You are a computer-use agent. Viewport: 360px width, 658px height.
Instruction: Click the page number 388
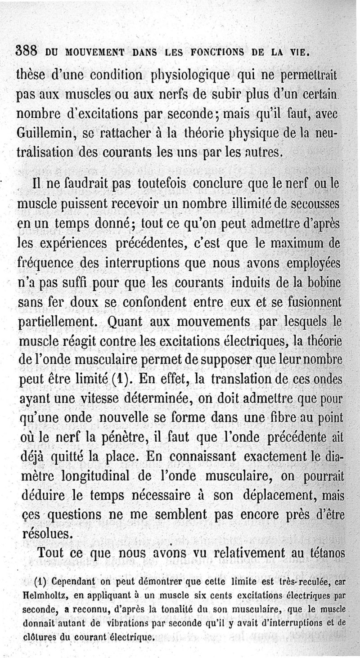[29, 50]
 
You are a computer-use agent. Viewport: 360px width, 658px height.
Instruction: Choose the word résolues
[46, 533]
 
